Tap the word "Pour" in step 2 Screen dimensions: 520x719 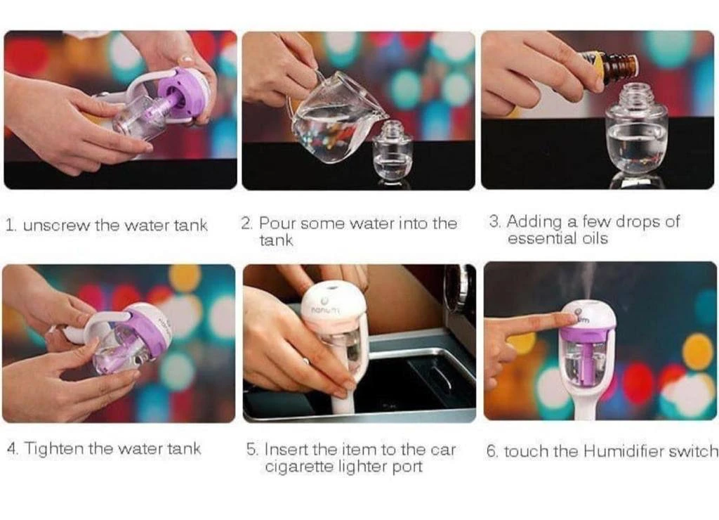(x=276, y=223)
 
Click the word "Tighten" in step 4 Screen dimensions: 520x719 (x=54, y=448)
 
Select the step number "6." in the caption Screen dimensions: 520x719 (x=492, y=451)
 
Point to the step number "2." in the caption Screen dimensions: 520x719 (x=246, y=223)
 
